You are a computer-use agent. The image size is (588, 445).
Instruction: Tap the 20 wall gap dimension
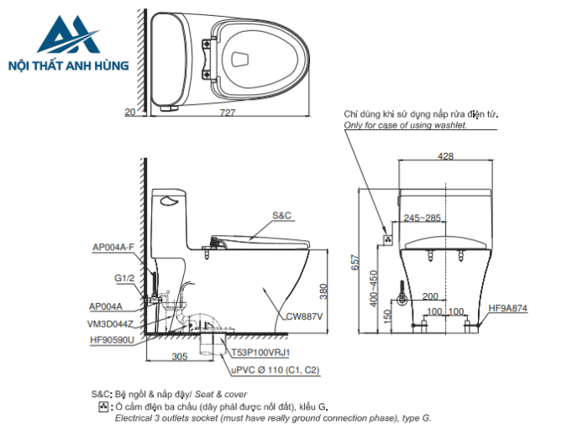(x=129, y=112)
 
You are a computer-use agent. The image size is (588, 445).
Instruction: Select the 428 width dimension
(x=445, y=156)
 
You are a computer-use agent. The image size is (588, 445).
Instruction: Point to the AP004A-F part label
(x=113, y=247)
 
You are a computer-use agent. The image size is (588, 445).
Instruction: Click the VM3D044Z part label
(x=113, y=323)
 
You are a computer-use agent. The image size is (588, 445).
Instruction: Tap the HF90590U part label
(x=113, y=340)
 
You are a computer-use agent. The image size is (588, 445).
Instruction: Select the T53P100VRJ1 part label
(x=260, y=354)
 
